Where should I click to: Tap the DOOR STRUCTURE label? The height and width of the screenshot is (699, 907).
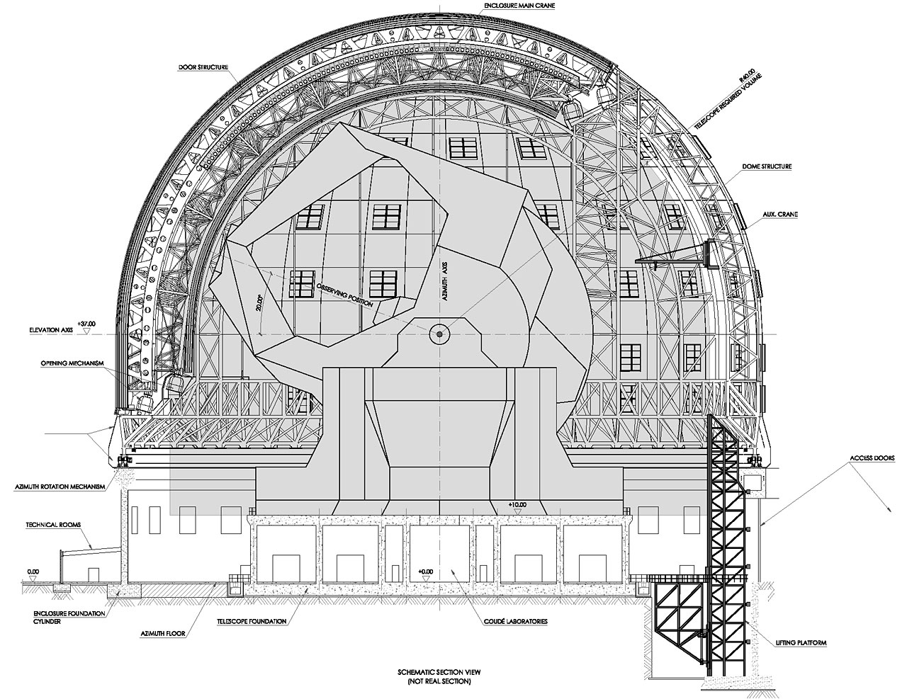click(x=203, y=67)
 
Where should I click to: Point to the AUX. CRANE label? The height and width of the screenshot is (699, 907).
click(x=781, y=211)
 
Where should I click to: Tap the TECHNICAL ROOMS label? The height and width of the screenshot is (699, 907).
click(x=52, y=525)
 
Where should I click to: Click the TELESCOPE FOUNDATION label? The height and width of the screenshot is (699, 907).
click(x=252, y=621)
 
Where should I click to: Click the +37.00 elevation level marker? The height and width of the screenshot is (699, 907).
click(x=86, y=322)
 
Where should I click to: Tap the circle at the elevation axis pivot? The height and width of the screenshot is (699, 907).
click(x=439, y=334)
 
